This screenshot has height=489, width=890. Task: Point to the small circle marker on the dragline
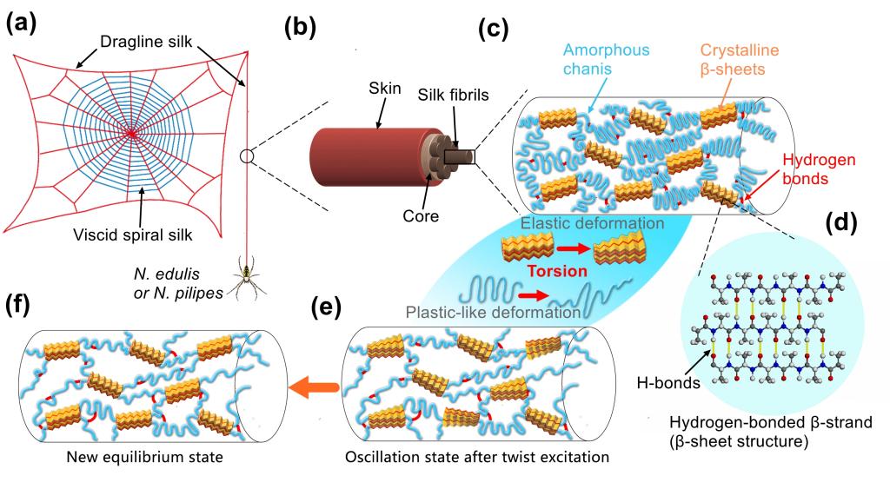coord(248,156)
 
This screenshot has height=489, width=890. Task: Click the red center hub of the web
coord(131,133)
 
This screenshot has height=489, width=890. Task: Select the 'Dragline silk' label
coord(140,41)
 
